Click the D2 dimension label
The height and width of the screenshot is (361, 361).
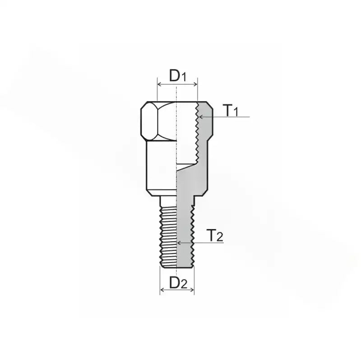click(177, 282)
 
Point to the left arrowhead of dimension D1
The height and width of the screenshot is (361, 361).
click(158, 84)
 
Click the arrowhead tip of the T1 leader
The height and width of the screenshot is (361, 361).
click(200, 117)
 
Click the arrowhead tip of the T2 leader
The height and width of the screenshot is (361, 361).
click(178, 243)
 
